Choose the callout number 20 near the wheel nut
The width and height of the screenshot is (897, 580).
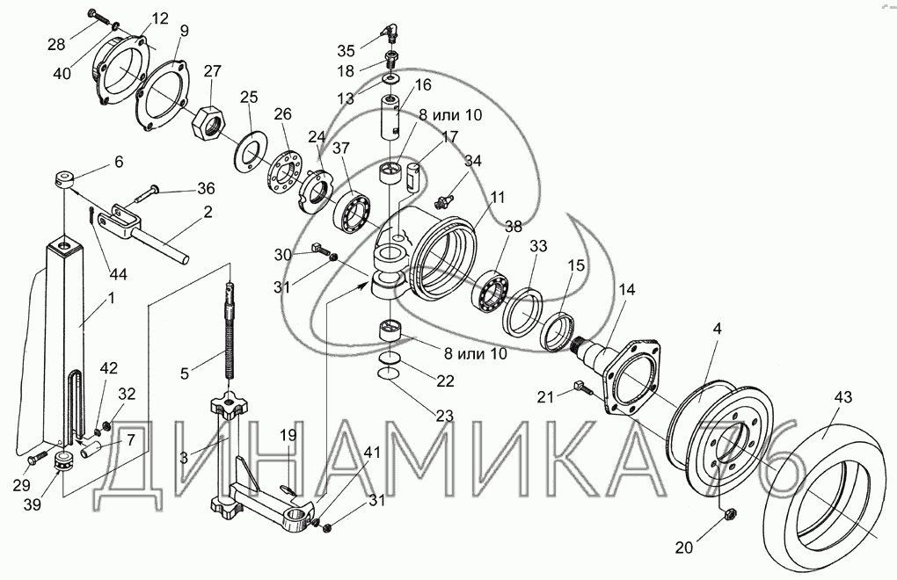click(682, 547)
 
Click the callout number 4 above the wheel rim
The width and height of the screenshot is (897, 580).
click(718, 329)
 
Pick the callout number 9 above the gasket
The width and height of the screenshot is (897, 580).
click(183, 31)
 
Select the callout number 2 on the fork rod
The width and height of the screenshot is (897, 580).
click(208, 211)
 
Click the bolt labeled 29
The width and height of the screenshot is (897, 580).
click(36, 458)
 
